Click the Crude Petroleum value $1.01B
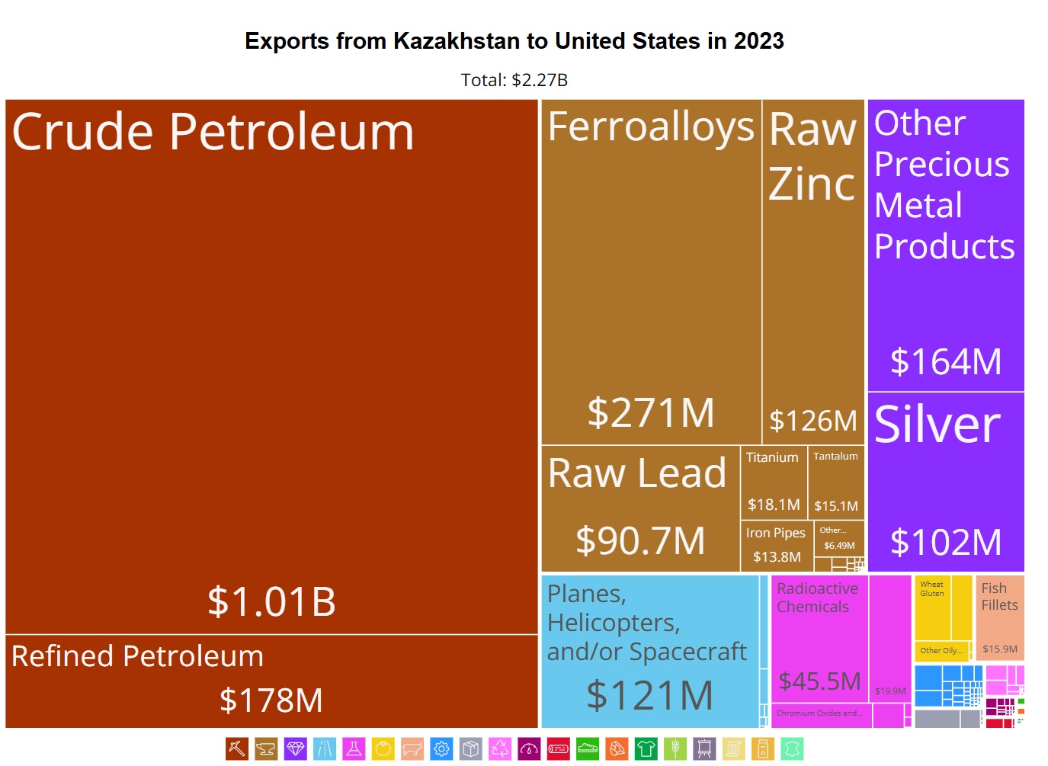click(x=271, y=601)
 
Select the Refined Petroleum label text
click(x=137, y=656)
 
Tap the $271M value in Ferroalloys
click(x=651, y=412)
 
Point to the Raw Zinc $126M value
click(x=813, y=420)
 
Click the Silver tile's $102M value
click(x=946, y=542)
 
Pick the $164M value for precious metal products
click(x=946, y=361)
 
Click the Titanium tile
click(x=773, y=480)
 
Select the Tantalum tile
click(x=835, y=480)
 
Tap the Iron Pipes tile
click(x=776, y=544)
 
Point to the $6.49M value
click(x=839, y=546)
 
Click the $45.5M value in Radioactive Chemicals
click(x=819, y=681)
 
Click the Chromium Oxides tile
click(x=820, y=714)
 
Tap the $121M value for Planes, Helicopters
click(x=649, y=695)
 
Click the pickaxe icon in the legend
click(x=236, y=748)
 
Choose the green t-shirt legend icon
click(x=646, y=748)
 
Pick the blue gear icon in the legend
click(x=441, y=748)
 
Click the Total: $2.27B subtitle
click(x=514, y=80)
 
